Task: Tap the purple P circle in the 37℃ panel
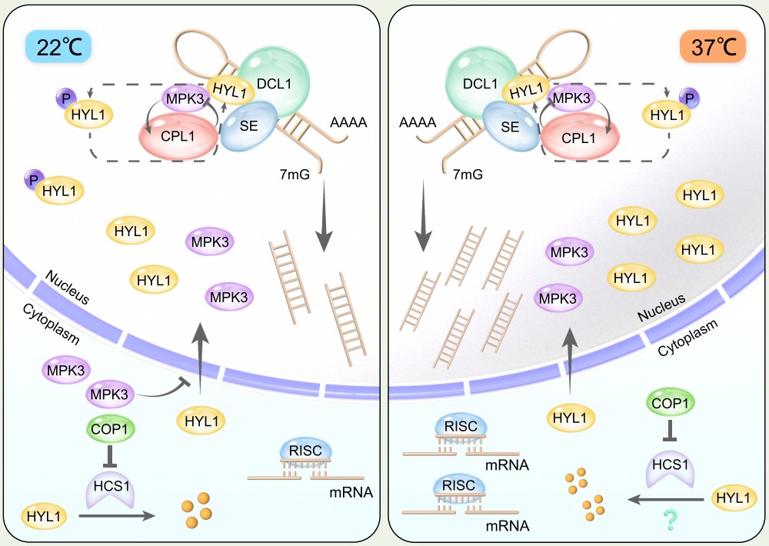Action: click(x=690, y=98)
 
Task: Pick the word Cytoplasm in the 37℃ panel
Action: click(x=687, y=338)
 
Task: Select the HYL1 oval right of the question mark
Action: click(x=731, y=498)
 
